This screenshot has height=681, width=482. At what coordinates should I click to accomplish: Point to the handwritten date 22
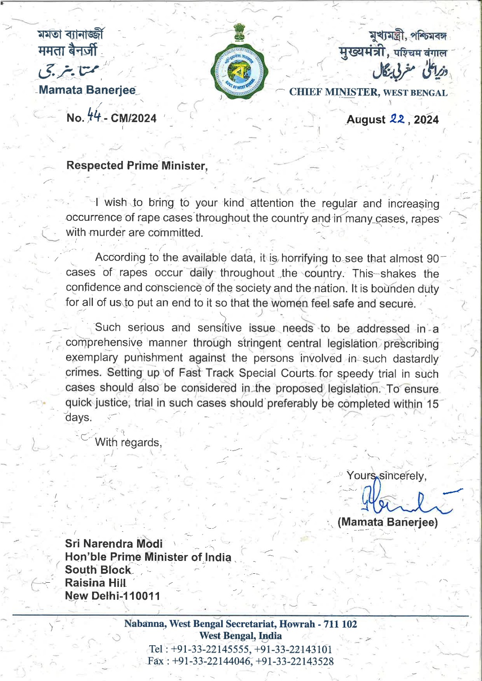(x=397, y=119)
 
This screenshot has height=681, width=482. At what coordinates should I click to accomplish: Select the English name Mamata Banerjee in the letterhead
(x=87, y=90)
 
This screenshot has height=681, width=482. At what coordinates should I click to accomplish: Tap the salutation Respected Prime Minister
(x=137, y=166)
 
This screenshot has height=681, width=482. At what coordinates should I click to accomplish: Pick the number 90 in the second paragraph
(x=433, y=258)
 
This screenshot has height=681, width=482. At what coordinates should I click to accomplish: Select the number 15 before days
(x=433, y=403)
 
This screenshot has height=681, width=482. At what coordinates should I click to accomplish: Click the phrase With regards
(x=128, y=443)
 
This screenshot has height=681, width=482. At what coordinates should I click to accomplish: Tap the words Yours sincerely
(x=386, y=475)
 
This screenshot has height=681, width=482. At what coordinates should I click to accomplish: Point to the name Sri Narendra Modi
(x=113, y=544)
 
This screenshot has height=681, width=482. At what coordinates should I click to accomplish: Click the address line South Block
(x=98, y=570)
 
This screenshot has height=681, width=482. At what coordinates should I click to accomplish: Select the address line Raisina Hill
(x=95, y=583)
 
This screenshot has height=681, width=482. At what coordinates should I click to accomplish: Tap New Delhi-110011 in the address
(x=113, y=596)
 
